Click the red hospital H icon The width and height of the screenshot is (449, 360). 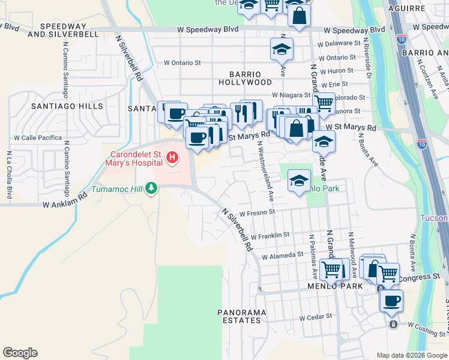172,158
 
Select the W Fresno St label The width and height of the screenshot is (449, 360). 257,212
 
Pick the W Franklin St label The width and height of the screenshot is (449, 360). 270,235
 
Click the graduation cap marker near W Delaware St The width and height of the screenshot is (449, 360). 281,50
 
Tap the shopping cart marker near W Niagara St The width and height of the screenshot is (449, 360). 324,102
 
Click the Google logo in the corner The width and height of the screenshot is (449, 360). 20,353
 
